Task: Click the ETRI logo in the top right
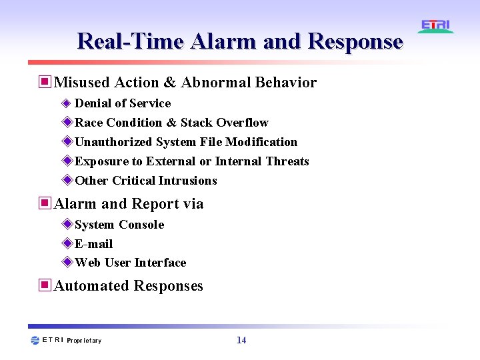pos(436,27)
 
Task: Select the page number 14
pos(241,340)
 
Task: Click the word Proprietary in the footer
pos(84,341)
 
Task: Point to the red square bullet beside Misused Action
pos(45,82)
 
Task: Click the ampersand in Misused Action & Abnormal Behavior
pos(169,83)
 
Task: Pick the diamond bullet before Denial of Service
pos(66,103)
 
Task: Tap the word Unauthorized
pos(114,142)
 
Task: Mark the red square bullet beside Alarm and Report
pos(45,203)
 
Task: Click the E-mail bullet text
pos(93,244)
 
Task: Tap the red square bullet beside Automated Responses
pos(45,285)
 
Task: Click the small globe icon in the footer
pos(35,341)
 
